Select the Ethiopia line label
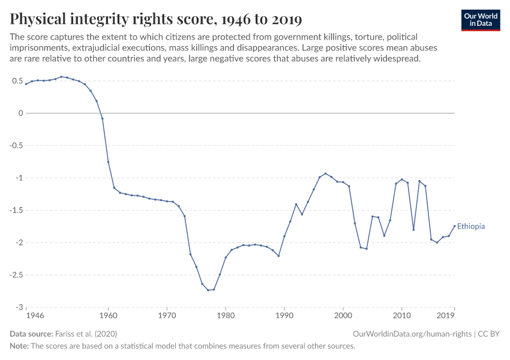point(471,227)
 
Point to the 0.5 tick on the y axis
point(16,80)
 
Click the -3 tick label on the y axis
point(19,307)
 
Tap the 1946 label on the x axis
point(35,314)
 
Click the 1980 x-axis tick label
point(226,314)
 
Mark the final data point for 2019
point(454,226)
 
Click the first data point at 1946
point(26,84)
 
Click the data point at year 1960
point(108,162)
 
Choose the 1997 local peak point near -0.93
point(325,173)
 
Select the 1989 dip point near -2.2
point(278,256)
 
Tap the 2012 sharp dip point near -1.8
point(413,229)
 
